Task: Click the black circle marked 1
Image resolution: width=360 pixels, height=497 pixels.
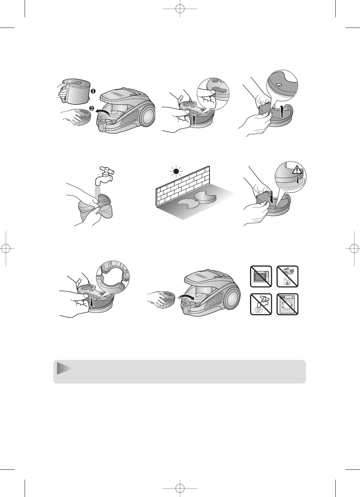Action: click(93, 91)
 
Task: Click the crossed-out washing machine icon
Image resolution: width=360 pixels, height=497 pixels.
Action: click(287, 304)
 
